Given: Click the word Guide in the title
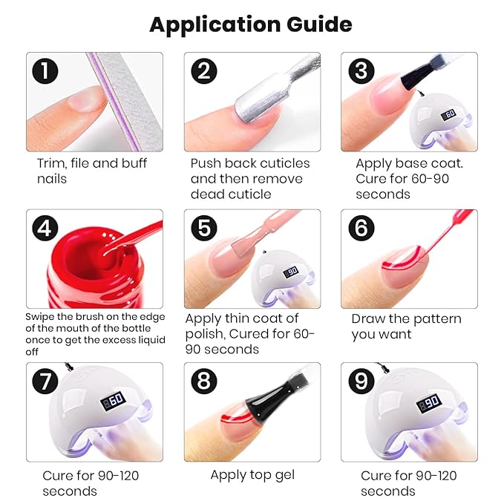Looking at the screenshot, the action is (319, 24).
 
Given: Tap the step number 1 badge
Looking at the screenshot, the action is (45, 71).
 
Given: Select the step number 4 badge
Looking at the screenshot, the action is (45, 228).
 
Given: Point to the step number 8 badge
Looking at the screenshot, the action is (204, 382).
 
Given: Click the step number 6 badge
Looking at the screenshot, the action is (361, 228).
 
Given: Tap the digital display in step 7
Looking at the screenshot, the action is (113, 401).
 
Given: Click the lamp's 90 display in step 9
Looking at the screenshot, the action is (429, 403).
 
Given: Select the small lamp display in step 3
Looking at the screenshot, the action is (449, 114).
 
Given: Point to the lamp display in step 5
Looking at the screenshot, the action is (290, 272).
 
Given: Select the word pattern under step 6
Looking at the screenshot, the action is (437, 320).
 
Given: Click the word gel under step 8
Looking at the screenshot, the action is (284, 476).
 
